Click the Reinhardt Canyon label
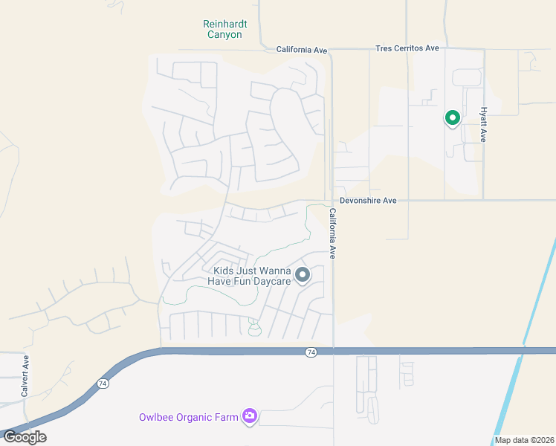[224, 29]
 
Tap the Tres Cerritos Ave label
[407, 48]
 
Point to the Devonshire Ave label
[368, 201]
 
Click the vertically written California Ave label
[333, 233]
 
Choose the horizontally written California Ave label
[302, 50]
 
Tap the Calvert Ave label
[26, 375]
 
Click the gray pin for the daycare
[303, 276]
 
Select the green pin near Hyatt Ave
[452, 117]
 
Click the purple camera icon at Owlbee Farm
[250, 416]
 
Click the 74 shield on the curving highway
[102, 383]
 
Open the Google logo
[25, 437]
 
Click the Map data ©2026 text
[524, 440]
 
